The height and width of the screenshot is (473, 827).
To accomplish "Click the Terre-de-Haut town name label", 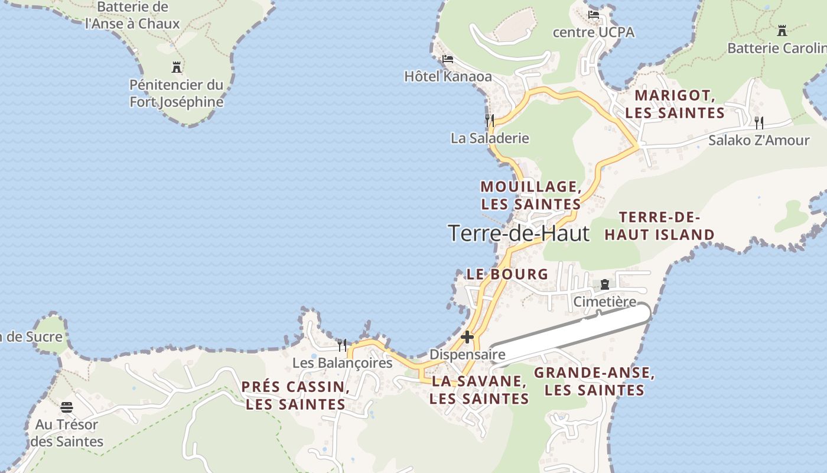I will [519, 233].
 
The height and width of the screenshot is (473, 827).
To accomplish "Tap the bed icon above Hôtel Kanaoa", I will [448, 59].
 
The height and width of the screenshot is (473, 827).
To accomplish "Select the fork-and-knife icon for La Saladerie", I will [490, 121].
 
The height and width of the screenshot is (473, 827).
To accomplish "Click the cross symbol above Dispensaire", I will [467, 337].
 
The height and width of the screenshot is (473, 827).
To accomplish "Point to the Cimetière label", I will [605, 302].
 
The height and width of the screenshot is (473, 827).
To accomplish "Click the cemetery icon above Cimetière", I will [604, 284].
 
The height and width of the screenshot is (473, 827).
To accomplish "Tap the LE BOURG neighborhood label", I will [507, 274].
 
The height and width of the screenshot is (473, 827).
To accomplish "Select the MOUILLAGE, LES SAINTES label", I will [530, 195].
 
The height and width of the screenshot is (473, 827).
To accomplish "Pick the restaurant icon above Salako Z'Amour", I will [759, 122].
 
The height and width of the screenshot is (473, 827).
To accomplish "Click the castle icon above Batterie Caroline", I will [782, 31].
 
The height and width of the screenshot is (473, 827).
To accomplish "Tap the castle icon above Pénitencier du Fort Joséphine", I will [176, 67].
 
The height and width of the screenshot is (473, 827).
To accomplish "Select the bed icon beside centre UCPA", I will [594, 14].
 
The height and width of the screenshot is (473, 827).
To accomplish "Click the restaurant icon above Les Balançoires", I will [342, 345].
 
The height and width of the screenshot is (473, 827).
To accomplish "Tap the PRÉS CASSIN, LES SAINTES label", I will [295, 396].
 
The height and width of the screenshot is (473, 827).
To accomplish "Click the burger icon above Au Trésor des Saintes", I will [67, 407].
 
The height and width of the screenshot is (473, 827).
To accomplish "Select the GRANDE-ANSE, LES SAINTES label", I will [594, 381].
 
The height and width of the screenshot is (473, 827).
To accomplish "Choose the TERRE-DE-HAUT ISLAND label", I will [659, 226].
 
